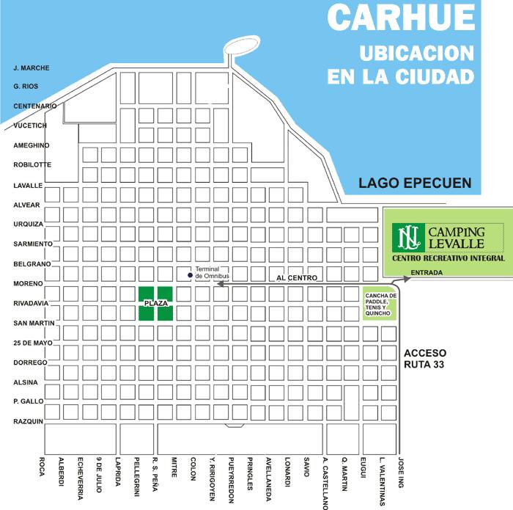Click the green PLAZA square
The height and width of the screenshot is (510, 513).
pos(156,303)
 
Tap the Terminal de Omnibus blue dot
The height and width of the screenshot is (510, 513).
pos(190,275)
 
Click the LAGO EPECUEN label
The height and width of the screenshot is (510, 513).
pos(414,183)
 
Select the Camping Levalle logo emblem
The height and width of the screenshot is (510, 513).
pos(405,236)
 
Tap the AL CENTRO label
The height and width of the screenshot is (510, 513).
pos(297,278)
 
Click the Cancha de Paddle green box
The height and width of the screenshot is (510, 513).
pos(380,304)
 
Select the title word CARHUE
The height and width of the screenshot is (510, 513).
pos(400,18)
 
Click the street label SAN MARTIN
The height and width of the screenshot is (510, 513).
pos(30,323)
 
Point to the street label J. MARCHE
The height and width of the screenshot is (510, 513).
pos(32,68)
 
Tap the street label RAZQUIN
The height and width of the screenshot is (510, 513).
pos(29,422)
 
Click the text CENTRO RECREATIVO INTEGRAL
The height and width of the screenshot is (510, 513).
pos(448,259)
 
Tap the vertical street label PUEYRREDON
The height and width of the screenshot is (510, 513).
pos(230,481)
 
